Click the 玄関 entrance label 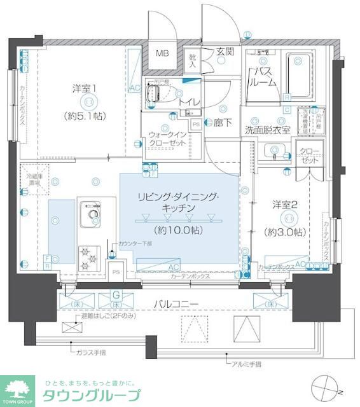(225, 52)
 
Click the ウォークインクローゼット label (168, 139)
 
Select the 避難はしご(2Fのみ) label (109, 316)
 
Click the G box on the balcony (116, 295)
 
